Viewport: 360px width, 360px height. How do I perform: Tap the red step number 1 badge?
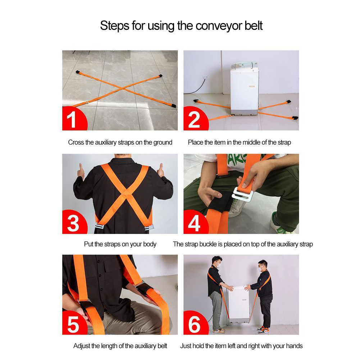tap(73, 119)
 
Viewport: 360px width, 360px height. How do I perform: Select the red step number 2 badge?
tap(194, 119)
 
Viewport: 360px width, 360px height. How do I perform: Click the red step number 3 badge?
tap(73, 223)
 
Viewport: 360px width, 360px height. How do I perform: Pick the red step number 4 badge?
tap(194, 223)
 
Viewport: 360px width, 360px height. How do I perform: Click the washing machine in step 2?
tap(244, 88)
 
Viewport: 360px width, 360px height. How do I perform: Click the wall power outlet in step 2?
tap(206, 77)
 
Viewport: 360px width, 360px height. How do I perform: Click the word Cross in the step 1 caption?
tap(76, 142)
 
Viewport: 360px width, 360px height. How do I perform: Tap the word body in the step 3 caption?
tap(150, 244)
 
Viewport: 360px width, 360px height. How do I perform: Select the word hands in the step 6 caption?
tap(293, 346)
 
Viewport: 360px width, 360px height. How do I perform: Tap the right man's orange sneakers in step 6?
tap(263, 330)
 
